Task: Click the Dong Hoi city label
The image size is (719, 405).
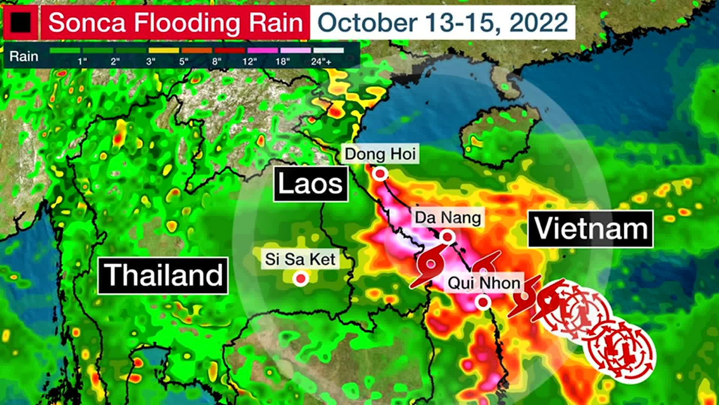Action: (380, 154)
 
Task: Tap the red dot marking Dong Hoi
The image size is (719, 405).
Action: (380, 174)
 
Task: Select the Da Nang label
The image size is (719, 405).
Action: (448, 218)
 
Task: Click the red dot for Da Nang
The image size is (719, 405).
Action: (447, 237)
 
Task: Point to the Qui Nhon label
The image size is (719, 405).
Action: (484, 283)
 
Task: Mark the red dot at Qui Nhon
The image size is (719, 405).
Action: (483, 302)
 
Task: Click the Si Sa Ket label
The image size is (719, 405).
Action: (300, 259)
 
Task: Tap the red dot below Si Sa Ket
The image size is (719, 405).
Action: (300, 279)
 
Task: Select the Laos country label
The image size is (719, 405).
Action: (310, 184)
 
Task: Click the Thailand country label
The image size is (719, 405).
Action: (163, 275)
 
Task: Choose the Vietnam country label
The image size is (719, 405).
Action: (591, 229)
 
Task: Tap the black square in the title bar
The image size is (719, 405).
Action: (21, 22)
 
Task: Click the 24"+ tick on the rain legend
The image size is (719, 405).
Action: (321, 61)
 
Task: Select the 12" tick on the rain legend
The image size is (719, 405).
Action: (250, 61)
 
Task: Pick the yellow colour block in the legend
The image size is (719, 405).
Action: (164, 50)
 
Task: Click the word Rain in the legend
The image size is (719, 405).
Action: (24, 57)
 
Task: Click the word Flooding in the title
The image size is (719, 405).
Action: (186, 22)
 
